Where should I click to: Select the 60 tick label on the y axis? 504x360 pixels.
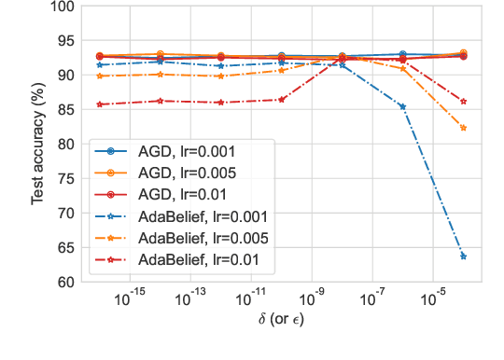pos(65,282)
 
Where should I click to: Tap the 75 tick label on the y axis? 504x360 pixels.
pos(65,179)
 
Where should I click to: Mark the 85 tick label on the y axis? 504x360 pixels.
pos(65,110)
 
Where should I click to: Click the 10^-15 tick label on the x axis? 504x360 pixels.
pos(130,300)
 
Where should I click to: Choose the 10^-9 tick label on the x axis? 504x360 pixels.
pos(312,300)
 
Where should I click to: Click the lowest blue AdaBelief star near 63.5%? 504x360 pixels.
pos(463,256)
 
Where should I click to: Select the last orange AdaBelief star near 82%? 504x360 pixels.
pos(463,128)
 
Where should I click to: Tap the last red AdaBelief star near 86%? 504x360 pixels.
pos(463,102)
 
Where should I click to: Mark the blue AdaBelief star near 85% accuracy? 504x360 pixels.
pos(402,106)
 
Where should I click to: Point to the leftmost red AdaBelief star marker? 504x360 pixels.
pos(100,104)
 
